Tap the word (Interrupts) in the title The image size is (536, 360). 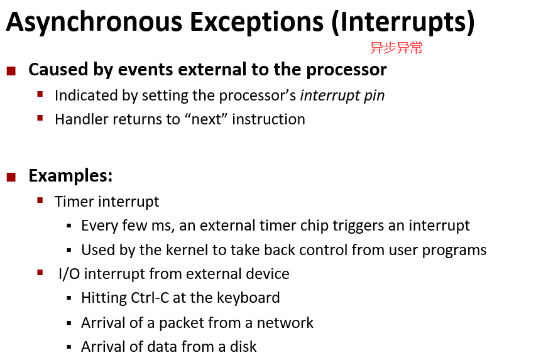coord(403,22)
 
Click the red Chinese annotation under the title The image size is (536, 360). coord(397,48)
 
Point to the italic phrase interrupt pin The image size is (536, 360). coord(342,95)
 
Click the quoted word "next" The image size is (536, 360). coord(206,119)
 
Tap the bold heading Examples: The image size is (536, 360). coord(71,176)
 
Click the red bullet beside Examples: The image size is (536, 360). coord(11,177)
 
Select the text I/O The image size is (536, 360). coord(69,274)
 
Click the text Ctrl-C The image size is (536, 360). coord(150,297)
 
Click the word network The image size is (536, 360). coord(285,323)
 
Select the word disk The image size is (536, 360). coord(243,347)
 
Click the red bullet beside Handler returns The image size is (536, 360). coord(40,118)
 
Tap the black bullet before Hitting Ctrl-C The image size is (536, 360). coord(69,298)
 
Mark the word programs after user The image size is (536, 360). coord(454,250)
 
